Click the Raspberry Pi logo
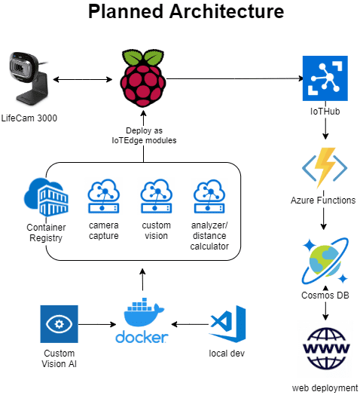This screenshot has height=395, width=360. [x=143, y=78]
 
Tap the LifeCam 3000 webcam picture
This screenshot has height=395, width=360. [x=28, y=79]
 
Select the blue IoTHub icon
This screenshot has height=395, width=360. [x=325, y=78]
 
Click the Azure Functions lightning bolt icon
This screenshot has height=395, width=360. [x=325, y=167]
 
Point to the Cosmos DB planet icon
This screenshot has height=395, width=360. [x=325, y=261]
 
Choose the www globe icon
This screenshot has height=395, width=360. [x=326, y=348]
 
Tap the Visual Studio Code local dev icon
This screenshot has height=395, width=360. [x=227, y=323]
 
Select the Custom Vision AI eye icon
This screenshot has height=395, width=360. [x=59, y=324]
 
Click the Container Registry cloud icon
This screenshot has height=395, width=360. [x=46, y=197]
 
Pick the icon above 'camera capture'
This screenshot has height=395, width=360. [x=103, y=196]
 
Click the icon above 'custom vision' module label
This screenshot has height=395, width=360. [x=157, y=196]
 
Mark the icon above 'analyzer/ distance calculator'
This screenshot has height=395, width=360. [x=209, y=196]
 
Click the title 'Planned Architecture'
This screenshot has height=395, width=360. [x=186, y=11]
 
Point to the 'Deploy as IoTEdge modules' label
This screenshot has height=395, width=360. [x=144, y=135]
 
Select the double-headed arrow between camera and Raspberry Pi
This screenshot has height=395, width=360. [x=83, y=80]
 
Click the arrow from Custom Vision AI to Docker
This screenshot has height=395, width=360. [x=97, y=324]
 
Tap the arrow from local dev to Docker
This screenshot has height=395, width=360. [x=190, y=324]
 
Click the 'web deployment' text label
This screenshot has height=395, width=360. [x=325, y=388]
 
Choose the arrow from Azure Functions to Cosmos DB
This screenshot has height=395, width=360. [x=324, y=218]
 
